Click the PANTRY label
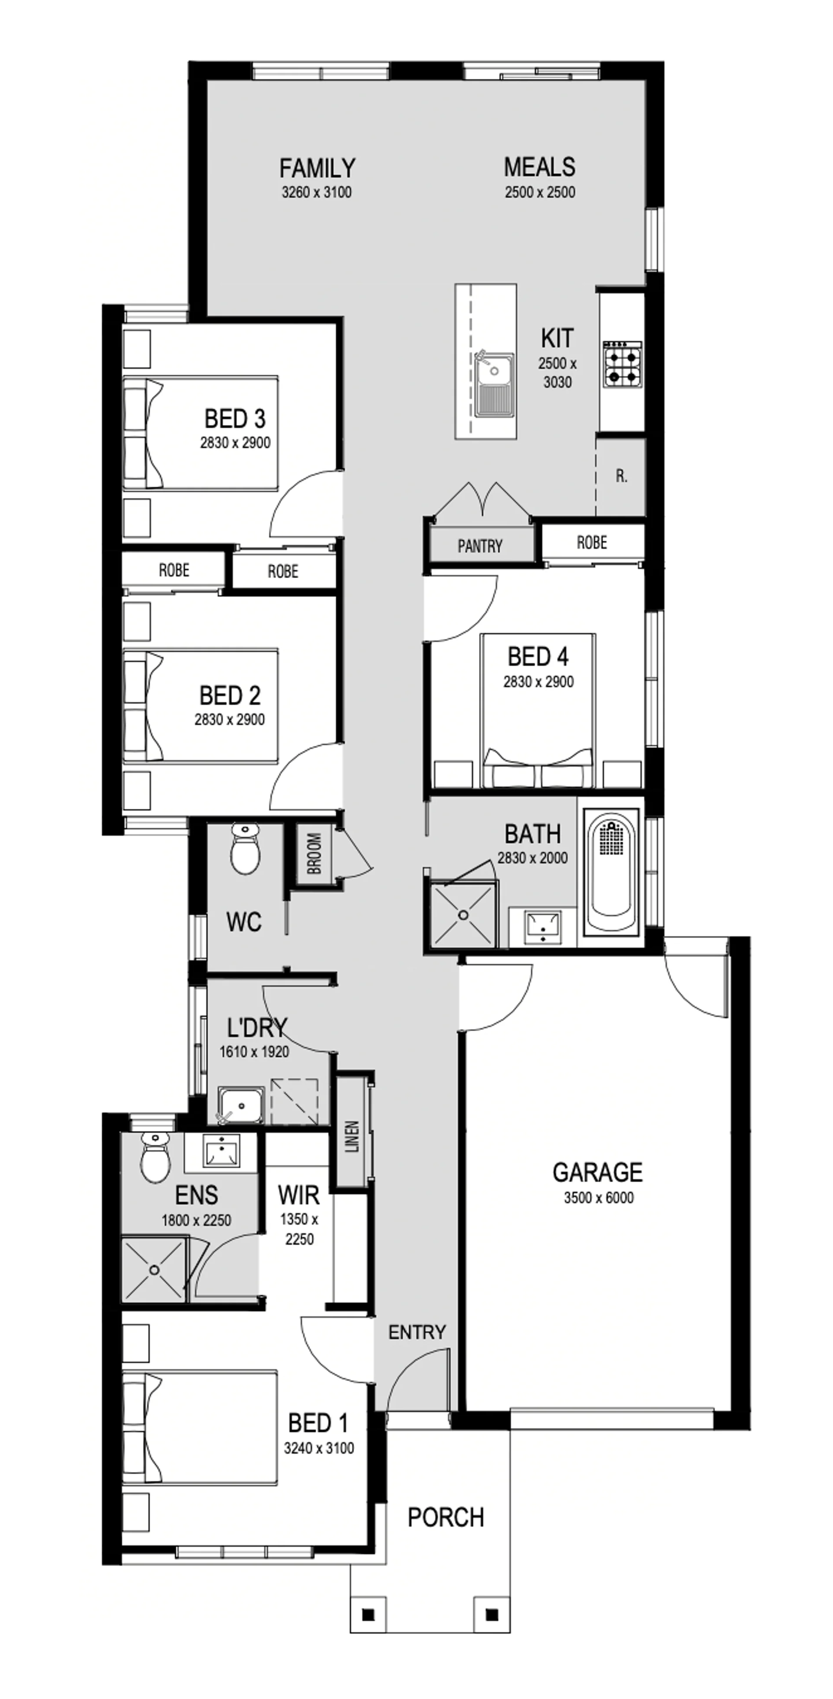tap(479, 546)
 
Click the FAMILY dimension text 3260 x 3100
tap(317, 193)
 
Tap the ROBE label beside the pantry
tap(592, 543)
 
